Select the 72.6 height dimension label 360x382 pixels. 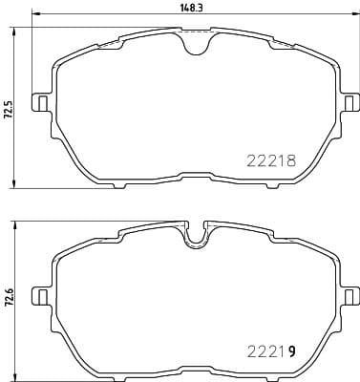9,298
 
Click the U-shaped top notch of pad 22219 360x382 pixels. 195,236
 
